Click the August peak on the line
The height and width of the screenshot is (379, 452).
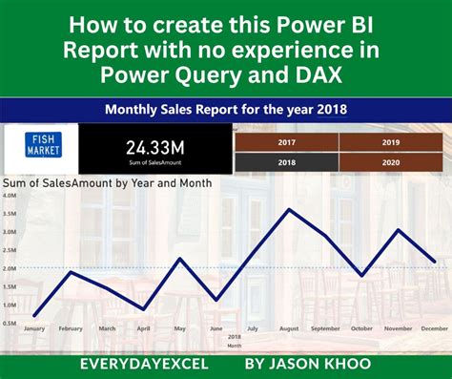point(288,209)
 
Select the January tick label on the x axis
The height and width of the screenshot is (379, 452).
point(34,328)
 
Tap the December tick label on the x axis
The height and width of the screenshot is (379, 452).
point(435,328)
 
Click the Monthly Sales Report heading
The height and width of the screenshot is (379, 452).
point(225,109)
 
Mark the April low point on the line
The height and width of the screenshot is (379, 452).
point(143,309)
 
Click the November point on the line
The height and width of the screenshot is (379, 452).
point(399,230)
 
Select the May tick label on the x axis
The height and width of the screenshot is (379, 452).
point(179,328)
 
